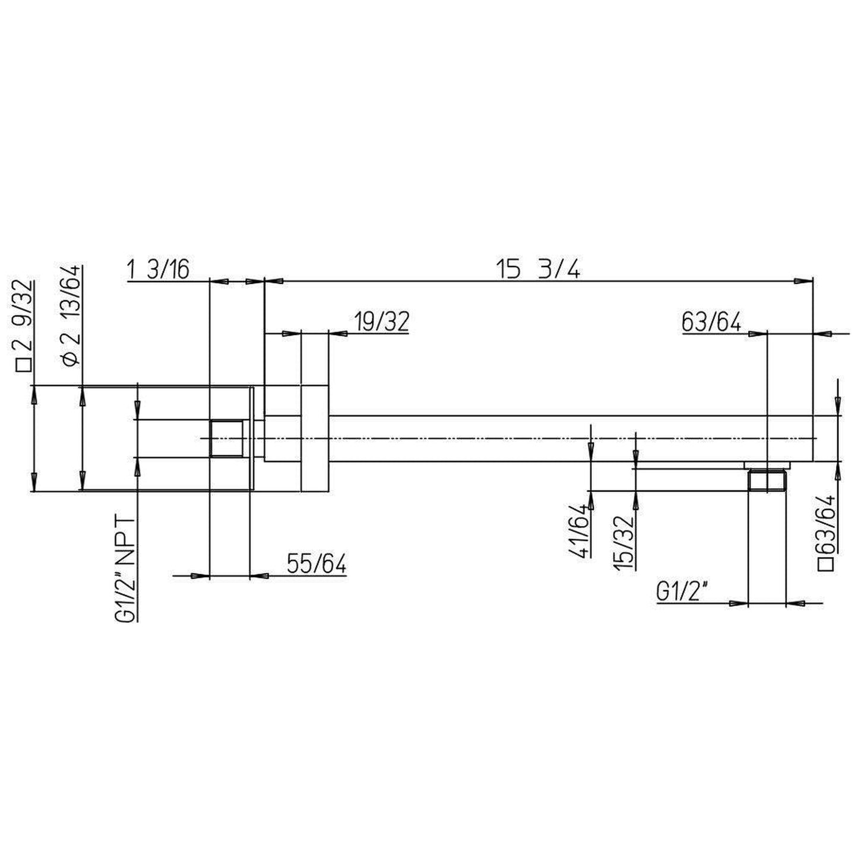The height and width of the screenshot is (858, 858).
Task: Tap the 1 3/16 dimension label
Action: [x=158, y=270]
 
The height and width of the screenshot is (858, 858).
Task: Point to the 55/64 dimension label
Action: [x=316, y=564]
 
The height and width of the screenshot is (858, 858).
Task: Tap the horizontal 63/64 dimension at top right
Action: [x=711, y=323]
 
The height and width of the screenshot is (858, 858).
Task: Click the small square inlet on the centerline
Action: [x=226, y=438]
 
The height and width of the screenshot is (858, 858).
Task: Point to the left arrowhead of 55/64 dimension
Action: [x=200, y=575]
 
